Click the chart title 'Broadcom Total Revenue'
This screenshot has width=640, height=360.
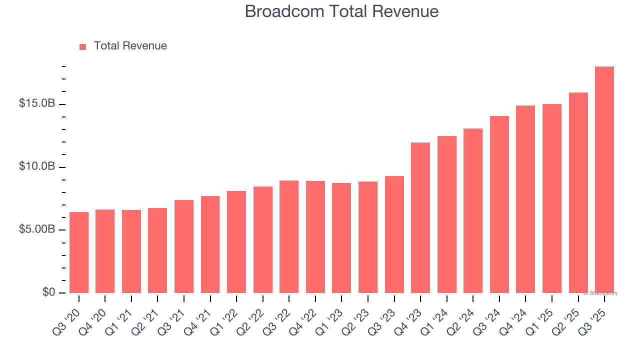(x=341, y=11)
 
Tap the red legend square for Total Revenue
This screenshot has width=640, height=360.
(x=83, y=46)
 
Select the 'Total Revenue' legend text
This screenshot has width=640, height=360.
(x=130, y=46)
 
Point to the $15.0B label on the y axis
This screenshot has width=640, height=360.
(x=36, y=103)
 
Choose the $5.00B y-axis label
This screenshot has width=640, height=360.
(x=36, y=229)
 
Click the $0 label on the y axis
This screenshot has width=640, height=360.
(x=48, y=292)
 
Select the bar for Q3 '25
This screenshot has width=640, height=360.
(x=604, y=180)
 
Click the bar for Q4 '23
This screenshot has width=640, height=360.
(x=420, y=217)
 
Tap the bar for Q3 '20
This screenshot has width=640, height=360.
(x=79, y=252)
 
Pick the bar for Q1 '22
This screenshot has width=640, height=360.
(x=236, y=242)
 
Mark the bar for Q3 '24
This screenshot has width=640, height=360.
(x=499, y=204)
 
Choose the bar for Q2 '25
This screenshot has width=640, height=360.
(x=578, y=192)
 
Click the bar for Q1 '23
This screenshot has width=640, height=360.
(x=341, y=238)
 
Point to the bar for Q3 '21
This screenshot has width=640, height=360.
(x=184, y=246)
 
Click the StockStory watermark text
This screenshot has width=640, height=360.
(x=600, y=293)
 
